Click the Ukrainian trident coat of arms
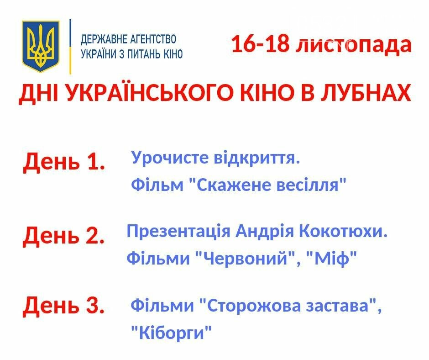pos(41,46)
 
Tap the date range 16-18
pos(260,44)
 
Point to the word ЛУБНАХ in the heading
pos(366,93)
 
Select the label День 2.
pos(64,235)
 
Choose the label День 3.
pos(64,305)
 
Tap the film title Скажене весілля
pos(268,185)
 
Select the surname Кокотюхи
pos(343,231)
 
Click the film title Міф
pos(332,259)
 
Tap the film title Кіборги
pos(171,333)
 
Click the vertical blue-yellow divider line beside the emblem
pos(70,47)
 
